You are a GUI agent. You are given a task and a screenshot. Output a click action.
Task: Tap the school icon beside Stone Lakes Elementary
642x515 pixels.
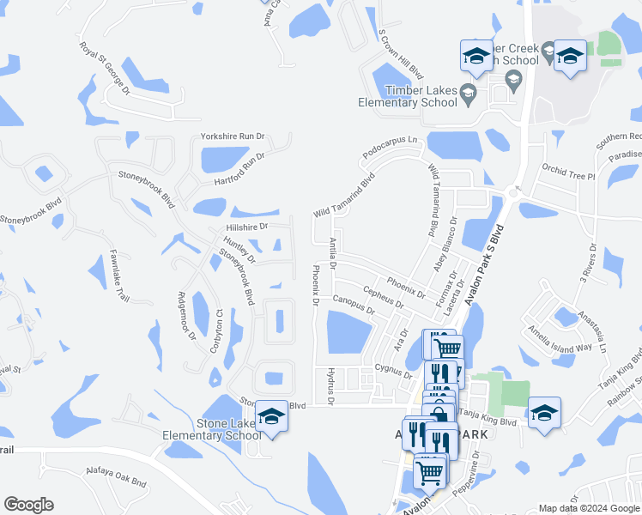click(x=272, y=416)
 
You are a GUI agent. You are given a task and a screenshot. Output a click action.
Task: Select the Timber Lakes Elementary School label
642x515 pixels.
click(x=409, y=97)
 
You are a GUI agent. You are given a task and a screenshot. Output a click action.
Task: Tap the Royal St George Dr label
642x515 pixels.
click(x=104, y=68)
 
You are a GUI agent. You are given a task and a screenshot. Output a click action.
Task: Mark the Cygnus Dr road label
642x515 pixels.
click(x=394, y=369)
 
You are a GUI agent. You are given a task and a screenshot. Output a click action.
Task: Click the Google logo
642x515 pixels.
click(x=28, y=505)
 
